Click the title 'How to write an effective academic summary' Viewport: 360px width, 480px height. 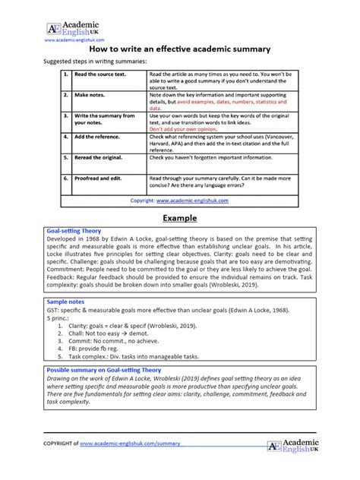[x=179, y=48]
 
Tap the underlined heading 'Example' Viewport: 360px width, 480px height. [x=179, y=218]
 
